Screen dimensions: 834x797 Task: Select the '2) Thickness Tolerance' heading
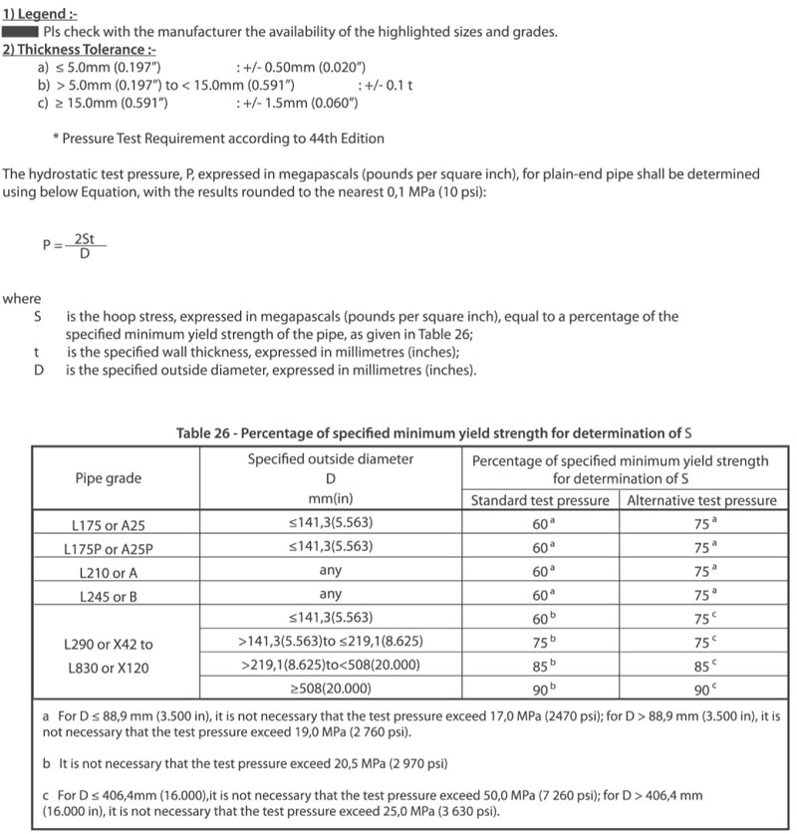click(79, 50)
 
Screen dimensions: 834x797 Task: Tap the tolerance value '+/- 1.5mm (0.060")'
click(296, 103)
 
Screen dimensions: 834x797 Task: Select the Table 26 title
click(433, 433)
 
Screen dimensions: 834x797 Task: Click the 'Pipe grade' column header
click(109, 478)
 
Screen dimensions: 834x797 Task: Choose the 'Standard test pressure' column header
click(539, 500)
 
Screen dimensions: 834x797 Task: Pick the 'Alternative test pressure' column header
click(701, 500)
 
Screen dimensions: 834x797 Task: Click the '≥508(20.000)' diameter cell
click(330, 689)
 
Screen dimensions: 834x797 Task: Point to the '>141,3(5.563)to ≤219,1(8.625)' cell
click(330, 641)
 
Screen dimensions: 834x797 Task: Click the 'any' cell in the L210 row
click(330, 572)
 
